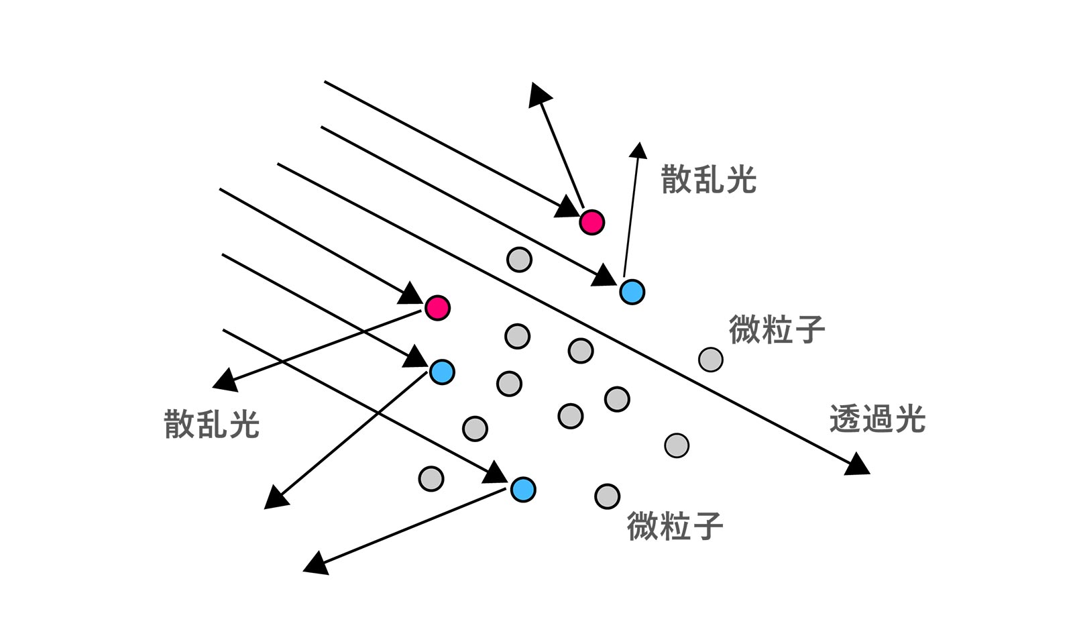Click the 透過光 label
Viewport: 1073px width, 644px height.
[x=877, y=419]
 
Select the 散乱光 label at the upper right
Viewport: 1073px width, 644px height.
[x=709, y=179]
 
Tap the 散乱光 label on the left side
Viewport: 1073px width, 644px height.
[x=212, y=424]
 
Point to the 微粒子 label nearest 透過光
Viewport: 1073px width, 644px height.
[x=777, y=329]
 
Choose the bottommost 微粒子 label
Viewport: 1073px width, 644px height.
[x=675, y=525]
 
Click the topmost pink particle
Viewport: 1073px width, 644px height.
[x=591, y=221]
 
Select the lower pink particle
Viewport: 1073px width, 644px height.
[x=437, y=308]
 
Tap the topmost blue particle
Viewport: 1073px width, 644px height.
[x=632, y=292]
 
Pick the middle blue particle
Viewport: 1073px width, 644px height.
[x=442, y=372]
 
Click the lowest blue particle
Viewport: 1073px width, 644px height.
[x=523, y=490]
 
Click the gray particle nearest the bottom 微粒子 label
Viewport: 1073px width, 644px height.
[x=607, y=496]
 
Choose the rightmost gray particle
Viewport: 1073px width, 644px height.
[x=711, y=360]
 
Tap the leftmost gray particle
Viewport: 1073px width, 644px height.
[x=431, y=478]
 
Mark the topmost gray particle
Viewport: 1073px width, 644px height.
[x=519, y=259]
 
